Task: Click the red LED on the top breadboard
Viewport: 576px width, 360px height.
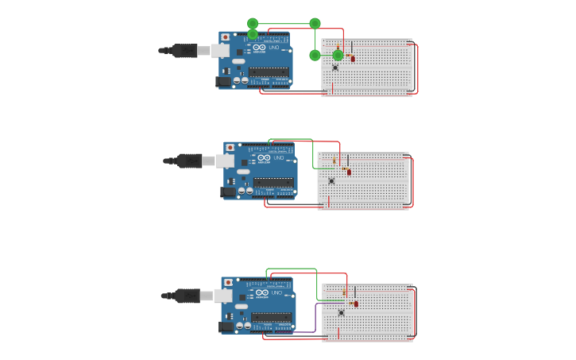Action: click(354, 58)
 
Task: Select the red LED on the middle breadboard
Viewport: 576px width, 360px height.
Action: click(349, 172)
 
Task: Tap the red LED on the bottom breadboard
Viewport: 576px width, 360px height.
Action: click(356, 304)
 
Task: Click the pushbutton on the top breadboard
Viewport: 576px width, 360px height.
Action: click(335, 68)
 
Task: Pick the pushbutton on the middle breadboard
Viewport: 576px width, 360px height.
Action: click(331, 181)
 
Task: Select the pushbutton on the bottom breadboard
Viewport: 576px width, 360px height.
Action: click(342, 312)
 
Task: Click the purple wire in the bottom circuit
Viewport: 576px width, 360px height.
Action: click(315, 318)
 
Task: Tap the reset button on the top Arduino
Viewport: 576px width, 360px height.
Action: click(226, 37)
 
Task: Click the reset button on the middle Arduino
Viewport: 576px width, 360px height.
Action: click(230, 148)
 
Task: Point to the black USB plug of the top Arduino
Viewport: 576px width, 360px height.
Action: click(184, 51)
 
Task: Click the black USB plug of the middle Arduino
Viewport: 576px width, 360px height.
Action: click(189, 161)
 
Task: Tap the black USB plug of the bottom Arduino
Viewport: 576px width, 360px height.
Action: click(187, 296)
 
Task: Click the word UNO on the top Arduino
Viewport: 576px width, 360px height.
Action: click(274, 48)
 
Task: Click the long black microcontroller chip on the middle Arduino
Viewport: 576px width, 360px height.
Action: click(274, 182)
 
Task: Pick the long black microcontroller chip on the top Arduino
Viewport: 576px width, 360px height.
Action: click(269, 72)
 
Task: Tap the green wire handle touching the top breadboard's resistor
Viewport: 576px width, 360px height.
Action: click(338, 56)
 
